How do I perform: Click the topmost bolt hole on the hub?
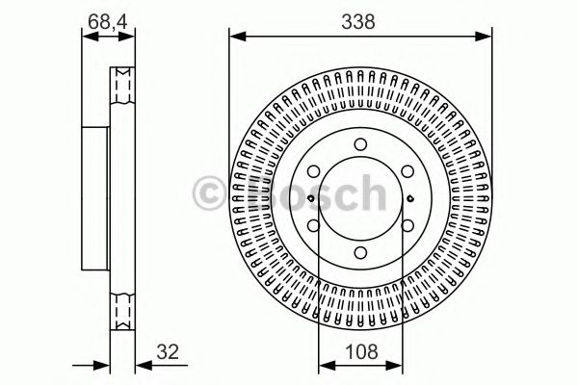coord(358,145)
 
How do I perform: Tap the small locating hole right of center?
coord(409,199)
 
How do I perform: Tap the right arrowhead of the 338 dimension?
coord(482,37)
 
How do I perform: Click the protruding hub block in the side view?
coord(95,198)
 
